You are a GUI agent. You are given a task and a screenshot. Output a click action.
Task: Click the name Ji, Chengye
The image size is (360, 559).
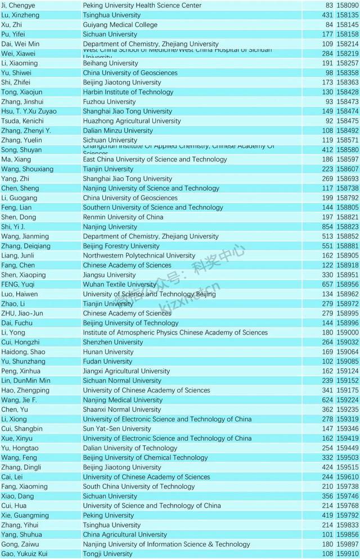(19, 5)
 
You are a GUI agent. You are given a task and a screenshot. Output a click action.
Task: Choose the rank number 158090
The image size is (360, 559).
(347, 5)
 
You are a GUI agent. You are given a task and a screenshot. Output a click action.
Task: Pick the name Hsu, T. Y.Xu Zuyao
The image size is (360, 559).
(29, 111)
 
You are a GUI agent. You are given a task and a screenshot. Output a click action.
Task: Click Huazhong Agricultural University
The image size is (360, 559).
(132, 121)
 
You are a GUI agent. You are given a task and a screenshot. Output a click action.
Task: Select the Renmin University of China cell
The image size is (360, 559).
(123, 217)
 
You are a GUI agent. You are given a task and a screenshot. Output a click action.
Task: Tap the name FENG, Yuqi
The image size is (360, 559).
(19, 285)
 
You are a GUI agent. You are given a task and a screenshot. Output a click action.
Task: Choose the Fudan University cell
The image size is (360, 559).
(107, 362)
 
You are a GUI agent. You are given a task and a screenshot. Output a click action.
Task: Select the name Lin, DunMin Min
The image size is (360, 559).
(26, 381)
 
